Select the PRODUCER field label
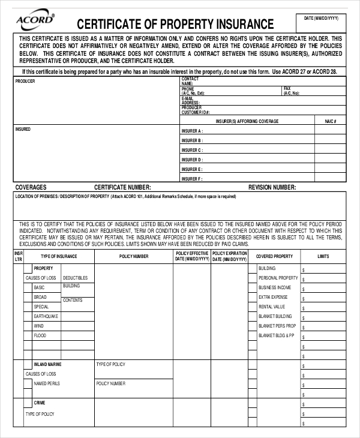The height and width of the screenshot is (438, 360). coord(25,80)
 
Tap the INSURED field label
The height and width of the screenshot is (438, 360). coord(23,129)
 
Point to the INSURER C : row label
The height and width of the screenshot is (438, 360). coord(192,150)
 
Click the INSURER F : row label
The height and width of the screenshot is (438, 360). coord(192,179)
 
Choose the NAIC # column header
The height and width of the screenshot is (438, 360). coord(331,121)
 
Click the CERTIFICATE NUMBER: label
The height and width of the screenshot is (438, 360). coord(127,187)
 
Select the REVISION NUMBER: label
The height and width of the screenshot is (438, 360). coord(272,187)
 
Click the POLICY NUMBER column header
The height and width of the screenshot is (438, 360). coord(134,256)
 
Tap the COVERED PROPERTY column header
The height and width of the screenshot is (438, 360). coord(274,256)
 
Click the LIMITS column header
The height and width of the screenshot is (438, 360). coord(323,256)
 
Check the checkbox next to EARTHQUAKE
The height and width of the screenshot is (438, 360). coord(28,316)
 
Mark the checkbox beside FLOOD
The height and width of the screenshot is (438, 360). coord(28,335)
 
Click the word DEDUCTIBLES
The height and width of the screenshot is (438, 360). coord(75,278)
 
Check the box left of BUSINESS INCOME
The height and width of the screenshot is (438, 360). coord(252,287)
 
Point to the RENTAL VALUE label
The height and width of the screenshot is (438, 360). coord(272,307)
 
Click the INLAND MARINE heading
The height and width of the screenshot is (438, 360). coord(47,364)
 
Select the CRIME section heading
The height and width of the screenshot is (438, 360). coord(40,403)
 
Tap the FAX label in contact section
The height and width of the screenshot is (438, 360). coord(287,88)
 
